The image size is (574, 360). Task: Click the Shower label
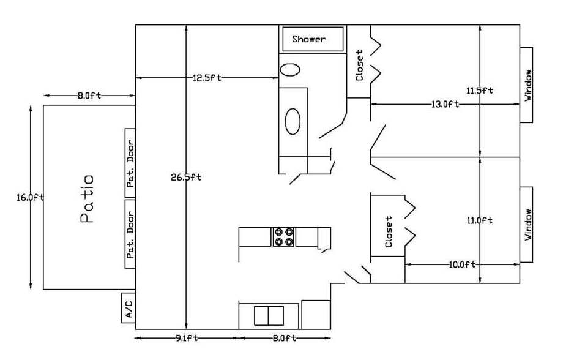pos(309,39)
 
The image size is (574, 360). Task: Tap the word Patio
pos(87,199)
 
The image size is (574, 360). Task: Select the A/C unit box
pos(129,307)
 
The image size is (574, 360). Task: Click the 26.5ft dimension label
pos(186,178)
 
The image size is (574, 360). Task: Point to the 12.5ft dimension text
pos(207,78)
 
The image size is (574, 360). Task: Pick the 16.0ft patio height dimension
pos(30,197)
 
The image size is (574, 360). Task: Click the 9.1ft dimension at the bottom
pos(186,338)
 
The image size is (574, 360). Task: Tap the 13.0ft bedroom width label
pos(445,104)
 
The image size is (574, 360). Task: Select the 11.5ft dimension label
pos(480,91)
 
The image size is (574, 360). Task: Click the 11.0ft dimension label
pos(480,220)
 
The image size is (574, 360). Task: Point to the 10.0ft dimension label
pos(462,264)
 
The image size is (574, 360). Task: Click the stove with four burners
pos(283,236)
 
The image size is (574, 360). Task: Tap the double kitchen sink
pos(269,316)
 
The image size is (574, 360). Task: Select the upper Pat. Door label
pos(130,163)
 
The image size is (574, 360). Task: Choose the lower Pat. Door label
pos(130,234)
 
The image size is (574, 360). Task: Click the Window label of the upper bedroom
pos(528,85)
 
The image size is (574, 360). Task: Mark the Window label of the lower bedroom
pos(528,225)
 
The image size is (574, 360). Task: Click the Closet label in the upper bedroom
pos(359,66)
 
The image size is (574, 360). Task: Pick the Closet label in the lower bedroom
pos(389,232)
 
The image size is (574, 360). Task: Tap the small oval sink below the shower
pos(290,70)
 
